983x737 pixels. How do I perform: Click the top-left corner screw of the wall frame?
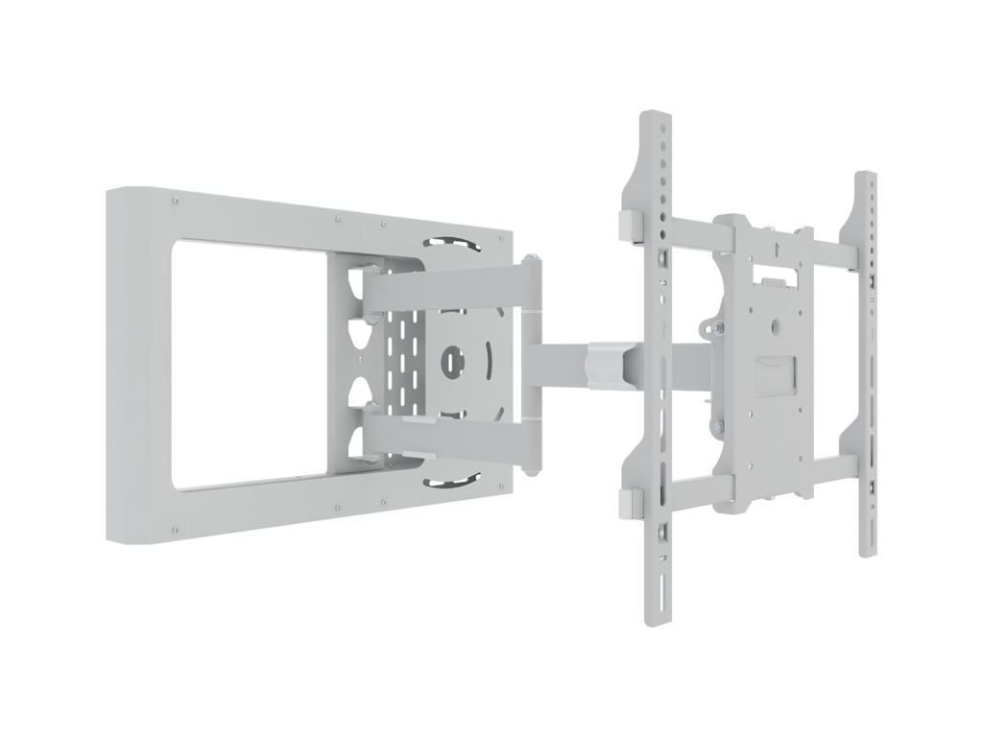(x=175, y=202)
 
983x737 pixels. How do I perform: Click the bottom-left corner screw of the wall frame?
(x=175, y=528)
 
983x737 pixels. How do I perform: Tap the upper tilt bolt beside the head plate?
(x=715, y=328)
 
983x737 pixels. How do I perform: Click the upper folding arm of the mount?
(x=442, y=288)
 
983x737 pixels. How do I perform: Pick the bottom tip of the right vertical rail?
(x=866, y=554)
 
